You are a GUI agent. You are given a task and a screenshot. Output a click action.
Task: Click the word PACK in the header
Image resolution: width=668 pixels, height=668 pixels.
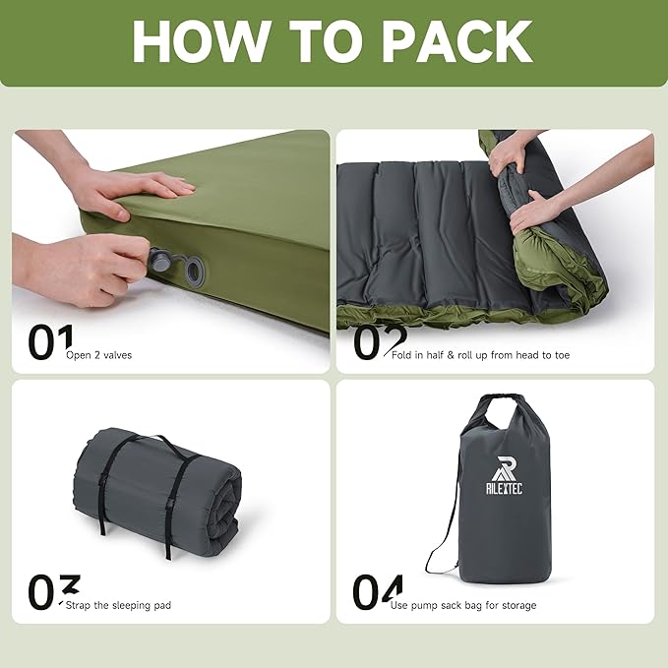pyautogui.click(x=456, y=41)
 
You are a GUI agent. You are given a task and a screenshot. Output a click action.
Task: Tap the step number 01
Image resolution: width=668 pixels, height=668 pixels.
pyautogui.click(x=50, y=342)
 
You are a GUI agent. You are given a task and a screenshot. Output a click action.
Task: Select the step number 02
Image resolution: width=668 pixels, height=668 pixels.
pyautogui.click(x=379, y=342)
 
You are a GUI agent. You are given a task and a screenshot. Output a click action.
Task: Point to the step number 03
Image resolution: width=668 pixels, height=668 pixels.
pyautogui.click(x=53, y=592)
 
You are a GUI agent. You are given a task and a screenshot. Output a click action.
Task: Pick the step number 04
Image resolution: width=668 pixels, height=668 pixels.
pyautogui.click(x=378, y=592)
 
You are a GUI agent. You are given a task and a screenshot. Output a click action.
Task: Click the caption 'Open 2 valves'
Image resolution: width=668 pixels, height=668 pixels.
pyautogui.click(x=98, y=355)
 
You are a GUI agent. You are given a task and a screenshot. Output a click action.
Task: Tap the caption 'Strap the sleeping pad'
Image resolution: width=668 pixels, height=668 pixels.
pyautogui.click(x=118, y=605)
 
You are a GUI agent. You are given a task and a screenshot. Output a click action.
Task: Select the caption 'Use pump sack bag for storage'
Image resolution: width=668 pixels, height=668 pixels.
pyautogui.click(x=463, y=605)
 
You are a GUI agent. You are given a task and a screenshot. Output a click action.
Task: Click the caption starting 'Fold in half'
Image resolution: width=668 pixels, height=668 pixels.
pyautogui.click(x=480, y=355)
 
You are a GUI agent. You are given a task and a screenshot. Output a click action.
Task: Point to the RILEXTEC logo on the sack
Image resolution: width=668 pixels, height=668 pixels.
pyautogui.click(x=504, y=475)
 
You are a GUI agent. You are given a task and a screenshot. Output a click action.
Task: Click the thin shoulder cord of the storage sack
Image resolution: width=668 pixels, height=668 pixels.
pyautogui.click(x=443, y=537)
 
